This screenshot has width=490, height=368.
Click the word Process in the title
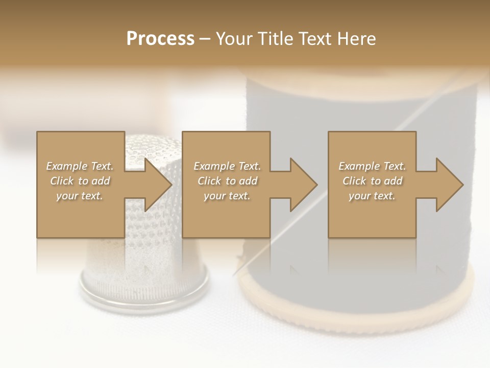(160, 39)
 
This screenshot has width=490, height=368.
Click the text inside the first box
(80, 181)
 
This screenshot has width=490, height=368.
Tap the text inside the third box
(372, 181)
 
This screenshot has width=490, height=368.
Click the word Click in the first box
(62, 181)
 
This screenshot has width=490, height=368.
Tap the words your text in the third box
(372, 196)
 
